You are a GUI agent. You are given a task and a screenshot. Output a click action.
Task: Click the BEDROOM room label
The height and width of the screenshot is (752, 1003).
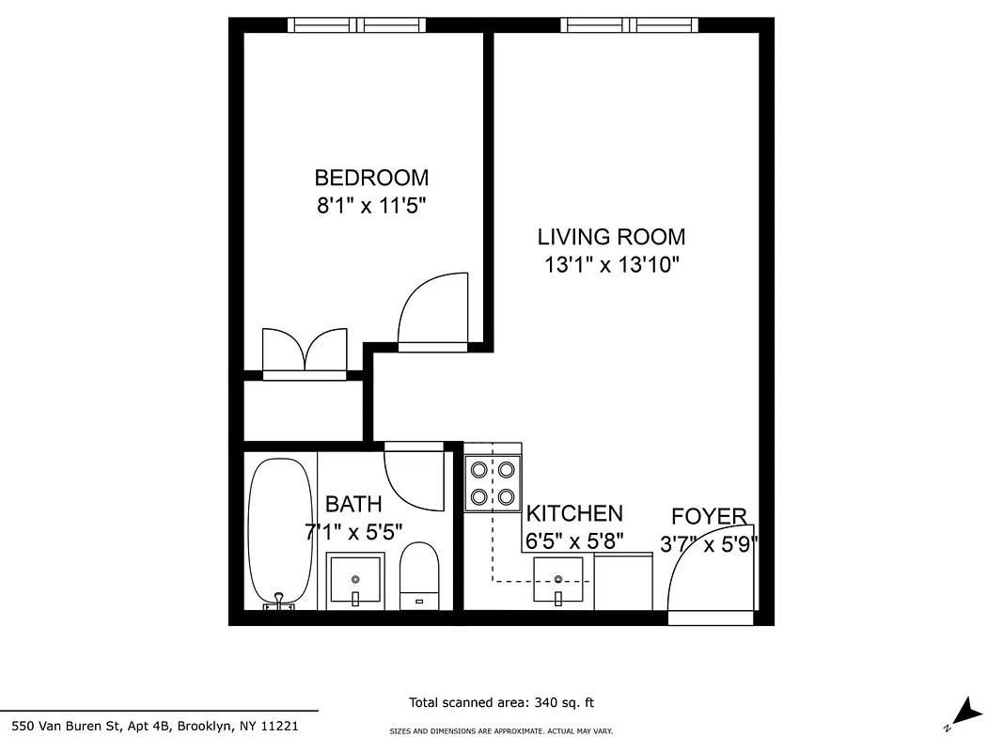click(x=371, y=178)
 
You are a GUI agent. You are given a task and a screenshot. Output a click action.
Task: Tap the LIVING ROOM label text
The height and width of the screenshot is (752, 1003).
click(x=611, y=237)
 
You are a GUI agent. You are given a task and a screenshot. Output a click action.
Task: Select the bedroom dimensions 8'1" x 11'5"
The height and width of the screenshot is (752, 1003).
click(x=371, y=206)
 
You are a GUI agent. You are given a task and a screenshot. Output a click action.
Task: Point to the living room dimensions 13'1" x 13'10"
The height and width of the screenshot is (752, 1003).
click(x=611, y=265)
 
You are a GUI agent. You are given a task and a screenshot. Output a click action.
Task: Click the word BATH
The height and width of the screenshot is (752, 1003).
click(x=353, y=505)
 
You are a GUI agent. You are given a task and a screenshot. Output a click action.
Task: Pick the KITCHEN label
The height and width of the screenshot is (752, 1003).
click(x=573, y=513)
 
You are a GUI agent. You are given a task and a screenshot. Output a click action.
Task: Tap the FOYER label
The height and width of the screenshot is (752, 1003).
click(x=709, y=516)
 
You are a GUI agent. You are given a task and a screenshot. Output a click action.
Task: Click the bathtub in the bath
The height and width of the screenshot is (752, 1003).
click(x=279, y=531)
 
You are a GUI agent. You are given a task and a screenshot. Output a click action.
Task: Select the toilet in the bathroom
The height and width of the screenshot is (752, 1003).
click(x=419, y=576)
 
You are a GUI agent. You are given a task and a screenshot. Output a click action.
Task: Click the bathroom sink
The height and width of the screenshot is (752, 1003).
click(x=355, y=581)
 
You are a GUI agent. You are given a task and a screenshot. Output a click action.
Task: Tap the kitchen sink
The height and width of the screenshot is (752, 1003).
click(x=558, y=580)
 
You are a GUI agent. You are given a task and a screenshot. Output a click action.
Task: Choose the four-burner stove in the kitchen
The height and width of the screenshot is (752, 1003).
click(x=494, y=482)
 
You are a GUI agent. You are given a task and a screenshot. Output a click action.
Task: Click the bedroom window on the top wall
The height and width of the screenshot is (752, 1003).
click(x=356, y=25)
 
